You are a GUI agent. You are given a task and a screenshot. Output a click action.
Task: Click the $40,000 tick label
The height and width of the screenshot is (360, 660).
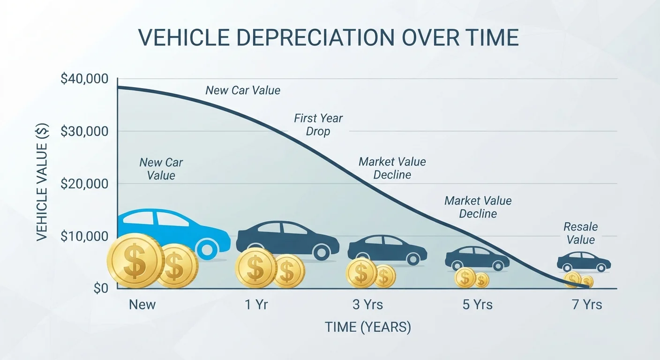84,79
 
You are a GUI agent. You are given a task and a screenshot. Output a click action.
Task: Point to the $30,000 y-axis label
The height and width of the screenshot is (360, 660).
84,131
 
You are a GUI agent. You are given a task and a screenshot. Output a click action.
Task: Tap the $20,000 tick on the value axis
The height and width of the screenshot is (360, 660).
84,184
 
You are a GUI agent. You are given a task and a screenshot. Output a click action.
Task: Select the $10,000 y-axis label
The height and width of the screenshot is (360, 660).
84,236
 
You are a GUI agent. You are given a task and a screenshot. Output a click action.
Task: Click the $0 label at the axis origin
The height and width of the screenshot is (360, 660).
101,288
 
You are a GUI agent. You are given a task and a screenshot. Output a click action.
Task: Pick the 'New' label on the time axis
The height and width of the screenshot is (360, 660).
142,305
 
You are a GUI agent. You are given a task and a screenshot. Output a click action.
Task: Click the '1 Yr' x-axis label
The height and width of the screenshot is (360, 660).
256,305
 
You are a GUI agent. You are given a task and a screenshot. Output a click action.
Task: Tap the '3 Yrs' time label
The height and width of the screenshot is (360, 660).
367,305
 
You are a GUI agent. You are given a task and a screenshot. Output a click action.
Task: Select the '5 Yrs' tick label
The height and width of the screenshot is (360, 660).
477,305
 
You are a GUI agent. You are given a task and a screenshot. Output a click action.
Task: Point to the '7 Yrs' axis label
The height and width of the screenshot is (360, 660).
587,305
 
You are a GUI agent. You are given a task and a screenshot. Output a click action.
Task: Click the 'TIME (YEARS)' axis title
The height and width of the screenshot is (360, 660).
367,327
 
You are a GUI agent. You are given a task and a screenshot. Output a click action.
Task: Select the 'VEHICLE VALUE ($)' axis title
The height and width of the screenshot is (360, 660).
42,182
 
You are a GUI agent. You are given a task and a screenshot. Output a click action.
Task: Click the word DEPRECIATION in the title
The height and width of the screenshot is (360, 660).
315,37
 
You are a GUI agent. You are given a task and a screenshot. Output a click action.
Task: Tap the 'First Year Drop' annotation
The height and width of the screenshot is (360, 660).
318,125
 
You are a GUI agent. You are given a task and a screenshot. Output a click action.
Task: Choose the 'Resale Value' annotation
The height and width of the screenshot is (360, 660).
580,233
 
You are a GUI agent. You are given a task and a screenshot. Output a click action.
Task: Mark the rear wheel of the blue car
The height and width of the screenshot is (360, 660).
207,250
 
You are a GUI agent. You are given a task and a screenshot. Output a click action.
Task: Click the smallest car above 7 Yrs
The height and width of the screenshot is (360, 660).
584,262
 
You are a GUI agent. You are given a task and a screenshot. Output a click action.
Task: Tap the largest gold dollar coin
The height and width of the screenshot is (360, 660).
135,261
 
